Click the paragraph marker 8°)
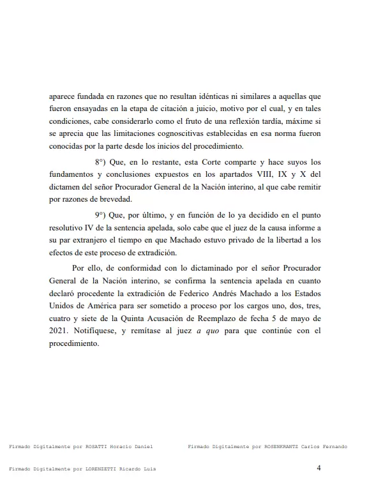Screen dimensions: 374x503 (x=102, y=163)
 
